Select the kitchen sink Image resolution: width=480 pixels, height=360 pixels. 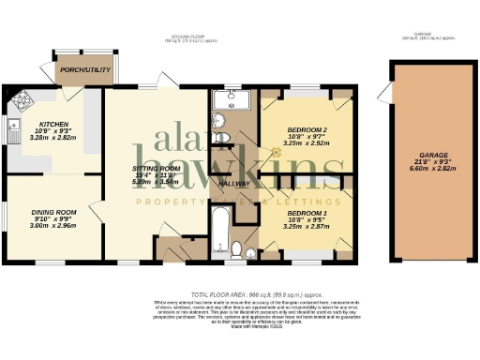tap(13, 130)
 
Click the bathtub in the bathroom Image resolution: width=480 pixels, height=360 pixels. tap(221, 230)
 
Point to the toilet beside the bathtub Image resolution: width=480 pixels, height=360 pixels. tap(237, 249)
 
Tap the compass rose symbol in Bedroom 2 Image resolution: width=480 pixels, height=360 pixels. tap(275, 151)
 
